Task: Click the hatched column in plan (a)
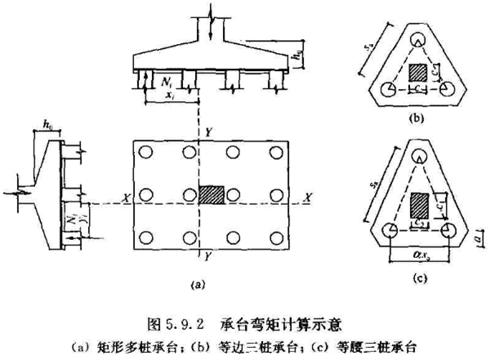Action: [x=212, y=196]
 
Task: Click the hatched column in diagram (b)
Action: [x=417, y=73]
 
